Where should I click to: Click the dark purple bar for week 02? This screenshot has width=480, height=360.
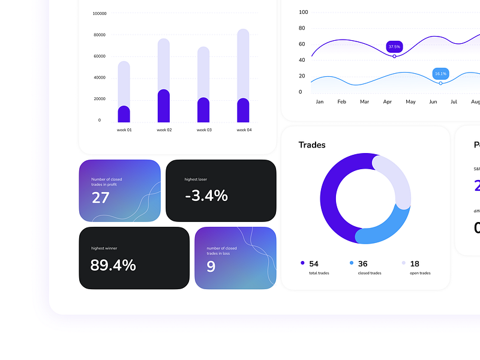[x=164, y=106]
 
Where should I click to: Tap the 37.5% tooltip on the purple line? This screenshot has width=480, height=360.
[x=394, y=46]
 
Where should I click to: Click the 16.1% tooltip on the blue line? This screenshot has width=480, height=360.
[x=440, y=74]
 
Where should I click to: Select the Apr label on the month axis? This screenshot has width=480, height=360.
[x=388, y=102]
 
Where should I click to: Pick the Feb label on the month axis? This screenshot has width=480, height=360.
[x=341, y=102]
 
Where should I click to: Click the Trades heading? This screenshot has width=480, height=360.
[x=312, y=145]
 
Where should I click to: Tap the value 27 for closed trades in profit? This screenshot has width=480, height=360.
[x=101, y=197]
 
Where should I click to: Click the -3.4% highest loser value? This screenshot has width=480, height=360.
[x=206, y=195]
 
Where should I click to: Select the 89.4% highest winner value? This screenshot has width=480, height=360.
[x=113, y=265]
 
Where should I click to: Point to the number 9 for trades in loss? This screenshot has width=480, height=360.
[x=211, y=266]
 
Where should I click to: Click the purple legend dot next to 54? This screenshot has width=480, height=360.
[x=302, y=263]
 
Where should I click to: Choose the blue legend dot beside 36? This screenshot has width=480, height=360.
[x=352, y=263]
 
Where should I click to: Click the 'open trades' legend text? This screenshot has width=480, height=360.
[x=420, y=273]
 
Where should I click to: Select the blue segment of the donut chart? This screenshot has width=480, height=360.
[x=384, y=228]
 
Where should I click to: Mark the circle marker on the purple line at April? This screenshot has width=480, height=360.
[x=394, y=56]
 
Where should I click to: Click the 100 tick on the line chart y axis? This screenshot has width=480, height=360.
[x=304, y=12]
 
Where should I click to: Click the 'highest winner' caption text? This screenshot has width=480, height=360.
[x=106, y=248]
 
